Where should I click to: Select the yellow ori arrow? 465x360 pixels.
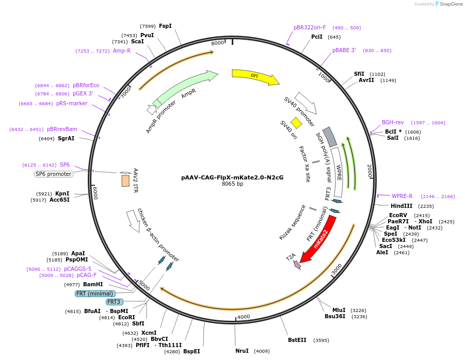click(x=254, y=76)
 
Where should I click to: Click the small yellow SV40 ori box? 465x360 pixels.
click(x=296, y=122)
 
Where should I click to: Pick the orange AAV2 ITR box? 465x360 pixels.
click(x=125, y=181)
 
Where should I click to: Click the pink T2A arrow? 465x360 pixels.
click(x=297, y=264)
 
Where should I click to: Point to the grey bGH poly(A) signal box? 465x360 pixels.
click(x=330, y=137)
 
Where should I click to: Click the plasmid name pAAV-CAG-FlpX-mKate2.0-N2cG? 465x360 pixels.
click(x=232, y=177)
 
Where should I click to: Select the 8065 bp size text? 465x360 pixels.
click(x=232, y=184)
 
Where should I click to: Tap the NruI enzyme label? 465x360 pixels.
click(x=242, y=351)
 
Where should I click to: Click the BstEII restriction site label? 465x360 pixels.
click(x=297, y=340)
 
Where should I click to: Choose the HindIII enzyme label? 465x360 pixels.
click(x=402, y=206)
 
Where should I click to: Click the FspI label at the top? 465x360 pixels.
click(x=165, y=26)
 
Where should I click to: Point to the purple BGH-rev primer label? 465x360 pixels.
click(x=393, y=122)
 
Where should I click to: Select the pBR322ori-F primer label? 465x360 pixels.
click(x=310, y=27)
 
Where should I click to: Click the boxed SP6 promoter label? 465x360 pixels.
click(x=54, y=174)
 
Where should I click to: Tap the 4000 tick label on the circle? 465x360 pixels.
click(x=244, y=316)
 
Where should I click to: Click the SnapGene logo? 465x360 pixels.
click(x=447, y=4)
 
